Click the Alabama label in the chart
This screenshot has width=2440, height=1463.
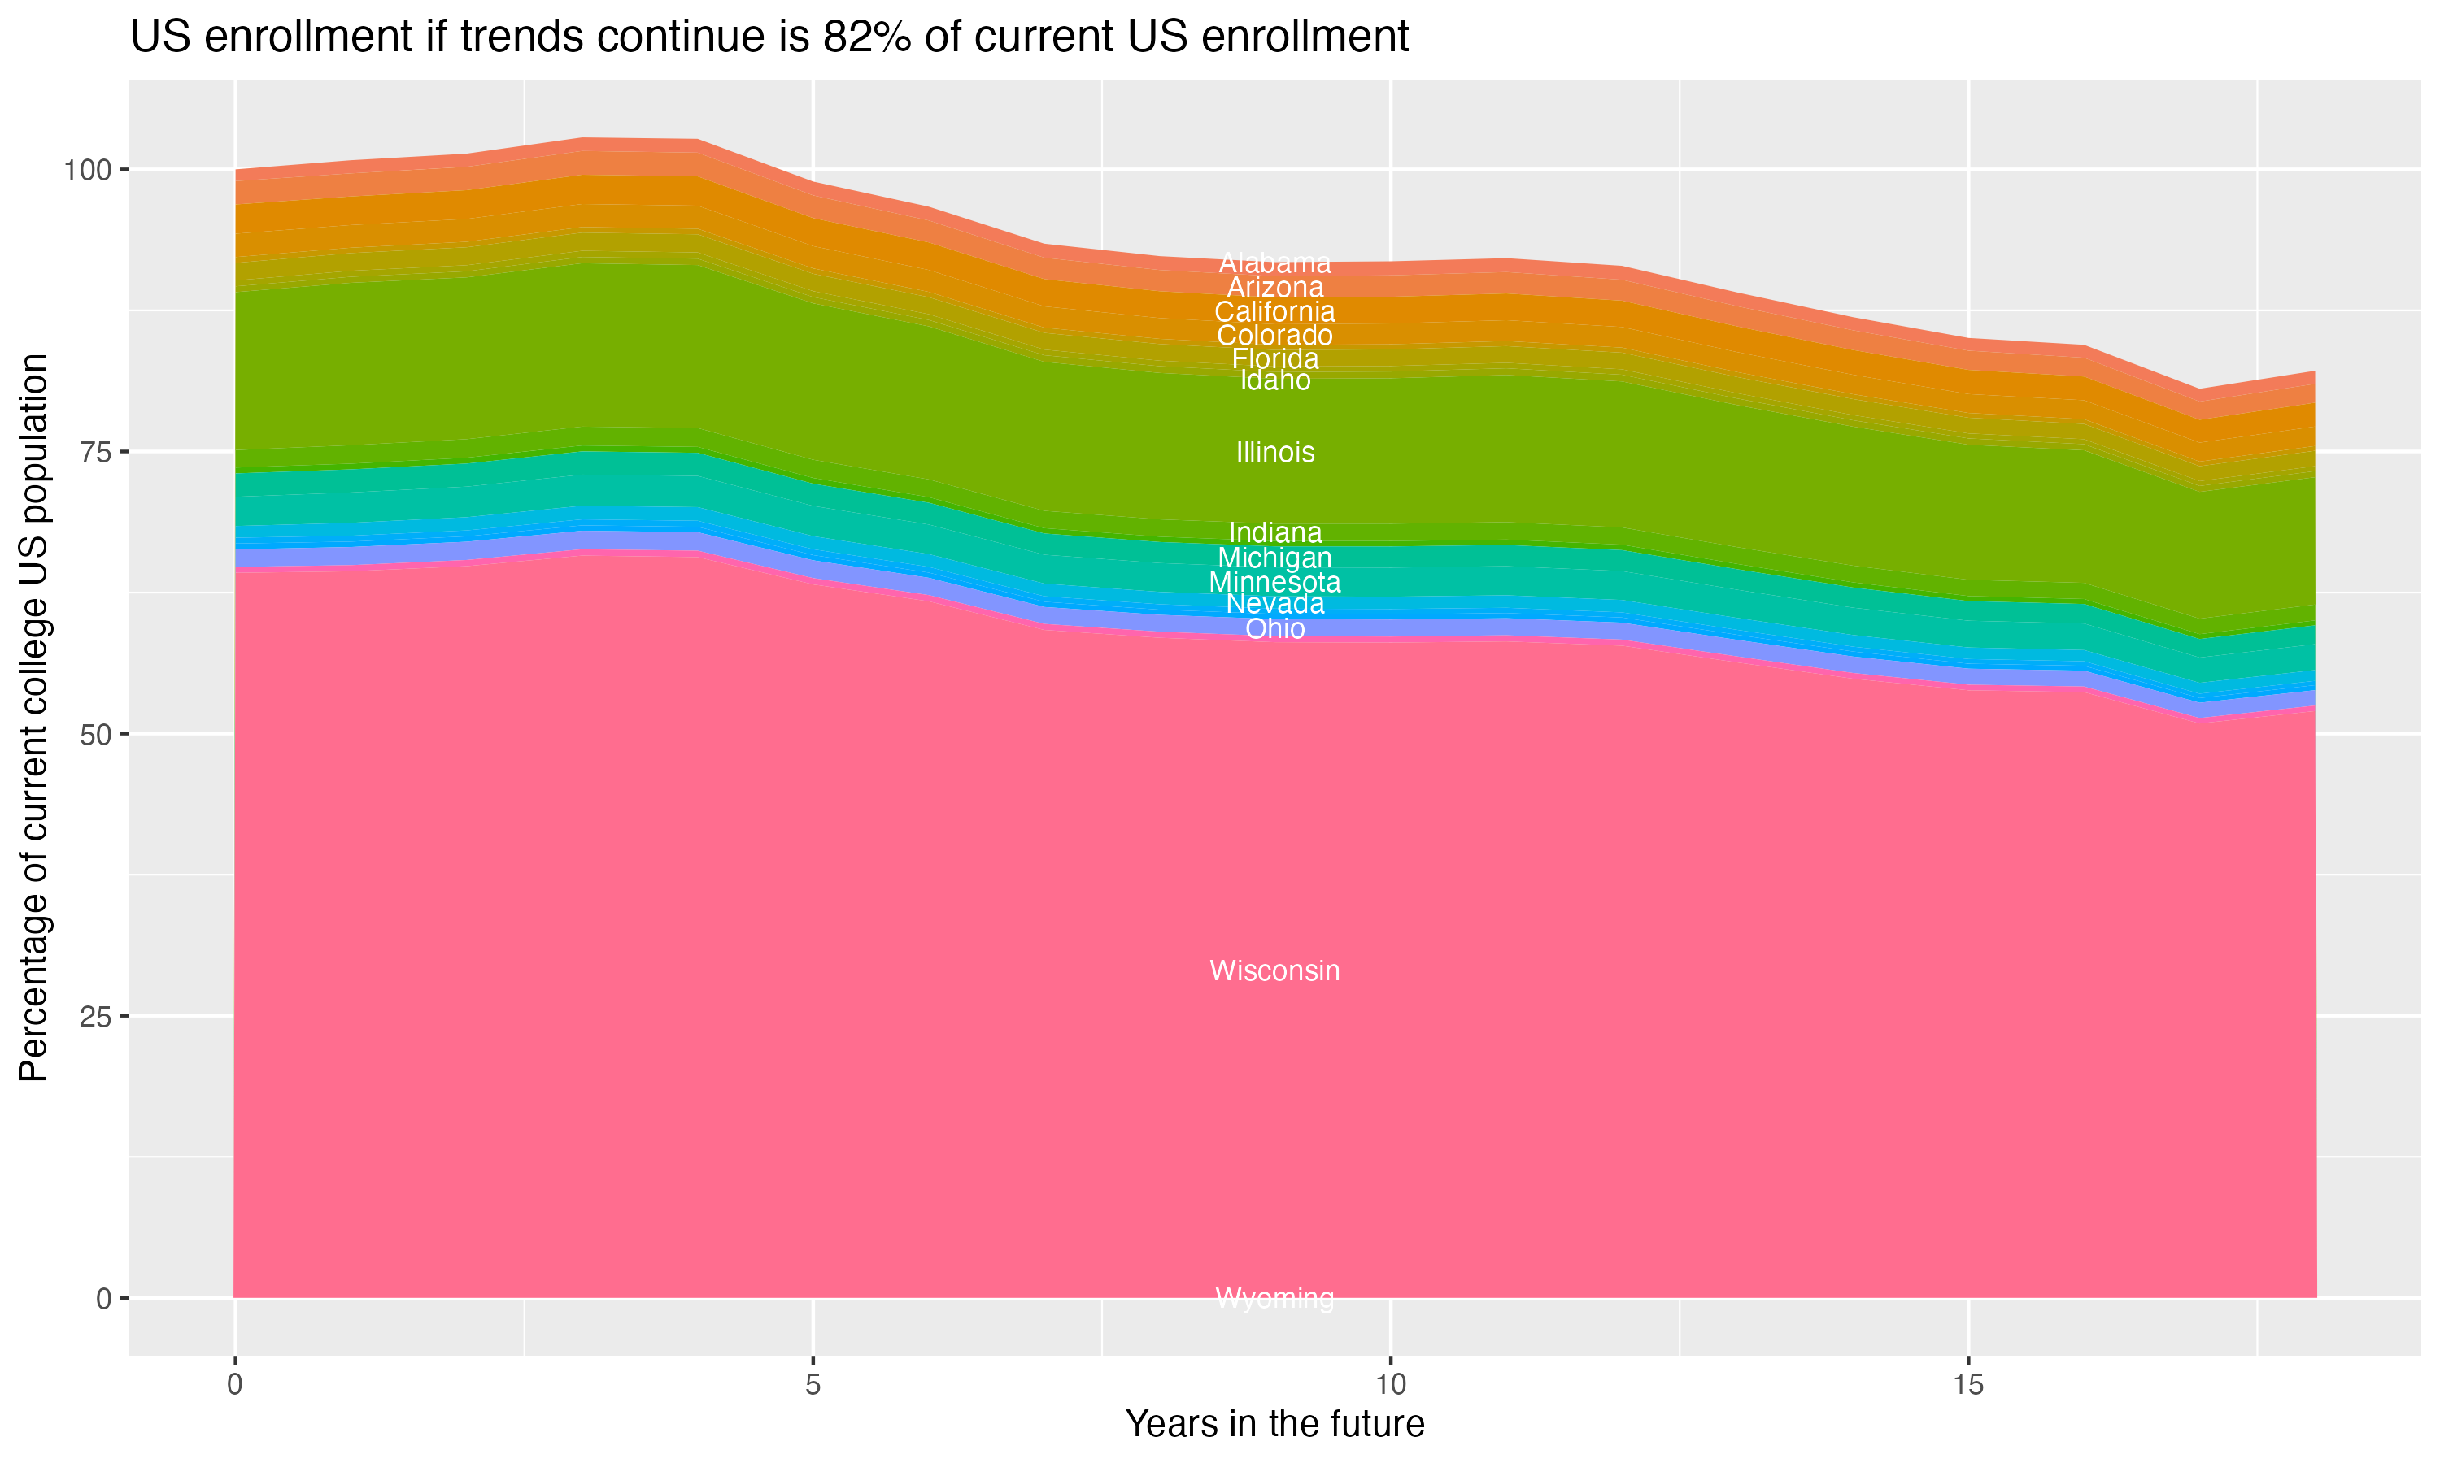coord(1274,263)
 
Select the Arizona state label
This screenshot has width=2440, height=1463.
coord(1274,288)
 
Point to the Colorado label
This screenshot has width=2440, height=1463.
coord(1274,335)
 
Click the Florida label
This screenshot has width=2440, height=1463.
coord(1274,359)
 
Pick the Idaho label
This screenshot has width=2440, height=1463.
coord(1274,380)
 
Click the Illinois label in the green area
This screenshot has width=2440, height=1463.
coord(1274,453)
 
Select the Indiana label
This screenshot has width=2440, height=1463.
coord(1274,533)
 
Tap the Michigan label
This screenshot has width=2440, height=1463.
coord(1274,559)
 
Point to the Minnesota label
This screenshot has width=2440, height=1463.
coord(1274,583)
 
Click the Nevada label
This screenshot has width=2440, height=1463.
coord(1274,603)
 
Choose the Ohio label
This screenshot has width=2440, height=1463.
coord(1274,629)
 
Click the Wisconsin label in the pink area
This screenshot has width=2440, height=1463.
coord(1274,971)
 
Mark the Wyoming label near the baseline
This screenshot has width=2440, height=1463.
coord(1274,1298)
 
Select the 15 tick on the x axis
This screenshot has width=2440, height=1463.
coord(1967,1385)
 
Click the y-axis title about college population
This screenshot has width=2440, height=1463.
coord(33,718)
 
